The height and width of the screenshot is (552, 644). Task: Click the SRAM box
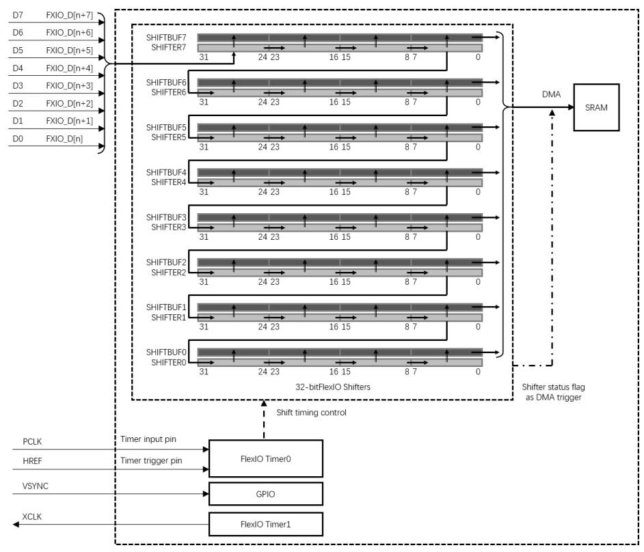pos(596,107)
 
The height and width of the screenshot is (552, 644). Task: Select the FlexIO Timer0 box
pos(265,459)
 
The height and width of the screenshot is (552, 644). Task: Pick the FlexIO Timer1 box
pos(265,525)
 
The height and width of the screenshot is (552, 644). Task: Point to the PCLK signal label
pos(33,442)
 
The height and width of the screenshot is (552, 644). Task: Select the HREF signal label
pos(33,461)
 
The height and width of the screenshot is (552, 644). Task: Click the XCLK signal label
pos(33,517)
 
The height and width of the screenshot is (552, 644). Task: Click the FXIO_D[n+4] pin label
pos(70,68)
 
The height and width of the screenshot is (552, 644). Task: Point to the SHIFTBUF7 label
pos(166,36)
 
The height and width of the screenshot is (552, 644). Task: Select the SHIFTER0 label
pos(169,362)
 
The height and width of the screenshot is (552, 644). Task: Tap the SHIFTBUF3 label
pos(166,217)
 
